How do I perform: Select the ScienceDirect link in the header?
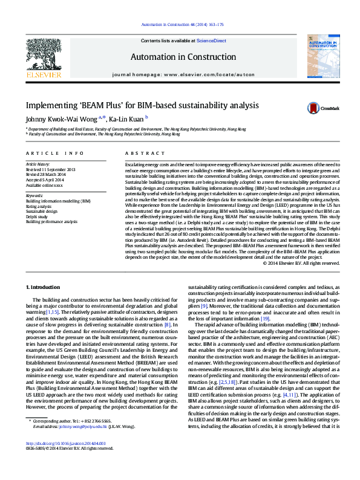tap(212, 41)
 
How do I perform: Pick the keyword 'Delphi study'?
tap(36, 216)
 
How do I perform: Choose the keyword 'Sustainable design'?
tap(42, 211)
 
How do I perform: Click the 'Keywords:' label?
tap(34, 196)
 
